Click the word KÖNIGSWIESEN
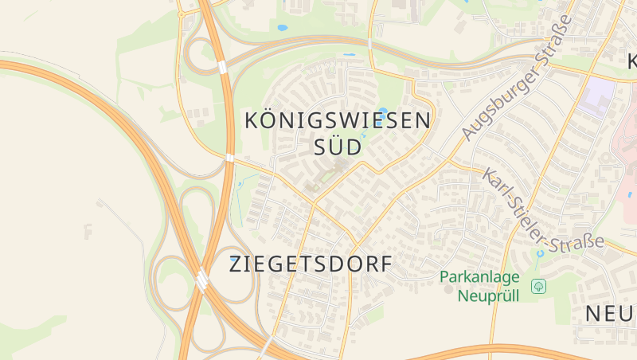(x=338, y=121)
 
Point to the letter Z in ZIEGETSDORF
(x=236, y=264)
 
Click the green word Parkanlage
(x=479, y=278)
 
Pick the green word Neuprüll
(x=488, y=295)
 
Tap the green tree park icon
(x=538, y=285)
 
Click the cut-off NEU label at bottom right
(x=611, y=314)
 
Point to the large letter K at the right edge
(x=631, y=61)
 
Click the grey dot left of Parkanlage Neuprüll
(x=447, y=287)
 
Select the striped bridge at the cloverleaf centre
(x=202, y=280)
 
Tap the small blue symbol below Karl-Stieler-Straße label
(x=540, y=253)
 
